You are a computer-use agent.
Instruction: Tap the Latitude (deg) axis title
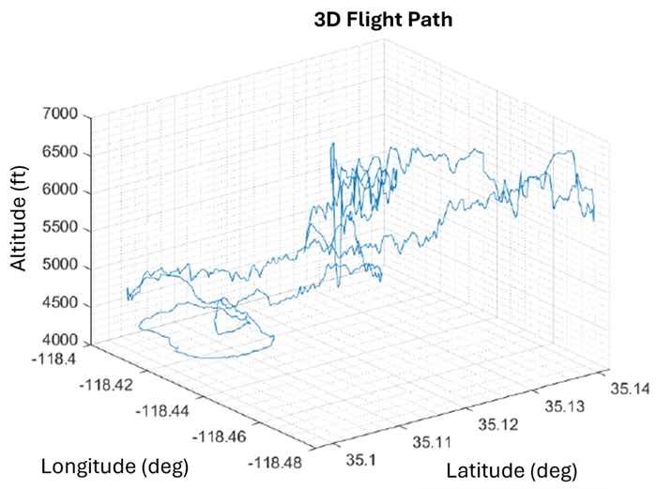coord(511,469)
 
